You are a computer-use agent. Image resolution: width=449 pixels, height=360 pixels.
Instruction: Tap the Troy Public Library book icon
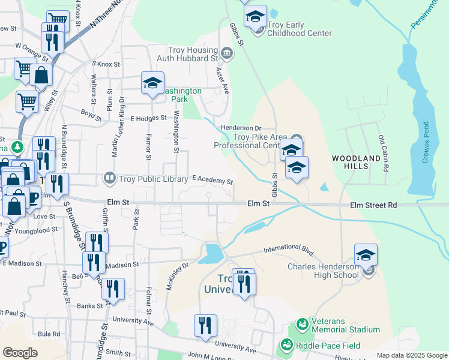[109, 177]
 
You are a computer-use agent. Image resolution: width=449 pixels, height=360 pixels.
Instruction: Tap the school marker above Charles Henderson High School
[366, 255]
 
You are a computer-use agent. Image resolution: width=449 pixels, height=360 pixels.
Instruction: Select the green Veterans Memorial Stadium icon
[301, 325]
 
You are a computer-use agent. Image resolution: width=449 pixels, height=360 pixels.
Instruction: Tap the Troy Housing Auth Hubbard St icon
[227, 54]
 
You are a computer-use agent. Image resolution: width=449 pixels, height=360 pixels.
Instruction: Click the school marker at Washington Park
[152, 83]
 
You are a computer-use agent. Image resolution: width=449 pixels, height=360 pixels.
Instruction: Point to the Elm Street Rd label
[375, 205]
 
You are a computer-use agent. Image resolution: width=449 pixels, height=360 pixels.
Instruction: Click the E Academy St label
[212, 180]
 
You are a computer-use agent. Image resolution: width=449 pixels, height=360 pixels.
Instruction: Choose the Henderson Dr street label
[241, 128]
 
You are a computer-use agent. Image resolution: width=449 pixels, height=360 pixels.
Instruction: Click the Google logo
[20, 352]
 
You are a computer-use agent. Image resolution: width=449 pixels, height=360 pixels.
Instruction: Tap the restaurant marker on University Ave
[205, 326]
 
